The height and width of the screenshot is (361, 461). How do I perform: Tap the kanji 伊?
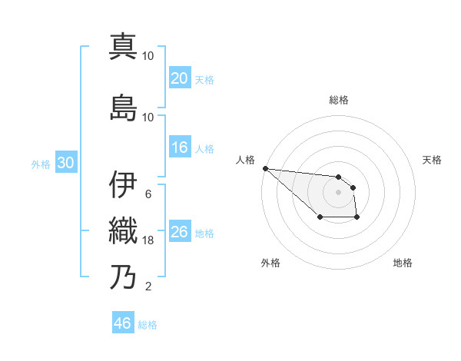[x=123, y=185]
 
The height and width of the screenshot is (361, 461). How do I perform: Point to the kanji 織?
[x=123, y=230]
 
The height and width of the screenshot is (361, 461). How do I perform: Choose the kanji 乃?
[x=123, y=277]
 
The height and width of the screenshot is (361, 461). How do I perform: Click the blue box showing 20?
[x=179, y=78]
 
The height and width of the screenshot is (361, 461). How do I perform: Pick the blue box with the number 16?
[x=179, y=147]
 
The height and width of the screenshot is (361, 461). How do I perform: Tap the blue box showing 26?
[x=179, y=232]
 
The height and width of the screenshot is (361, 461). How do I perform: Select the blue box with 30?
[x=65, y=163]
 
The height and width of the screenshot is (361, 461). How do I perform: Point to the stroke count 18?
[x=148, y=240]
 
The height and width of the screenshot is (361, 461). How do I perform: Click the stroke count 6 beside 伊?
[x=148, y=194]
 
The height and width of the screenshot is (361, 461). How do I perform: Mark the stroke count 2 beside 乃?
[x=148, y=287]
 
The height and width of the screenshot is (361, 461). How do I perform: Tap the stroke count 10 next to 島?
[x=148, y=117]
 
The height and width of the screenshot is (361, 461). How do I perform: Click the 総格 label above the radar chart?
[x=339, y=100]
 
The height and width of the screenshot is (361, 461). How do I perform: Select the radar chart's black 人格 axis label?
[x=245, y=160]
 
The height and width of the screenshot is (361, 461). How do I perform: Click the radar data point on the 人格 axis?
[x=265, y=168]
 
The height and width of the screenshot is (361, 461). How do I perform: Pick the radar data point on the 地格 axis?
[x=357, y=218]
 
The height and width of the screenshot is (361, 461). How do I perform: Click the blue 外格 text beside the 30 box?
[x=41, y=164]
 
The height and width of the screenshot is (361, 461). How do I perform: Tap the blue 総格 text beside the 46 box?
[x=148, y=325]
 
